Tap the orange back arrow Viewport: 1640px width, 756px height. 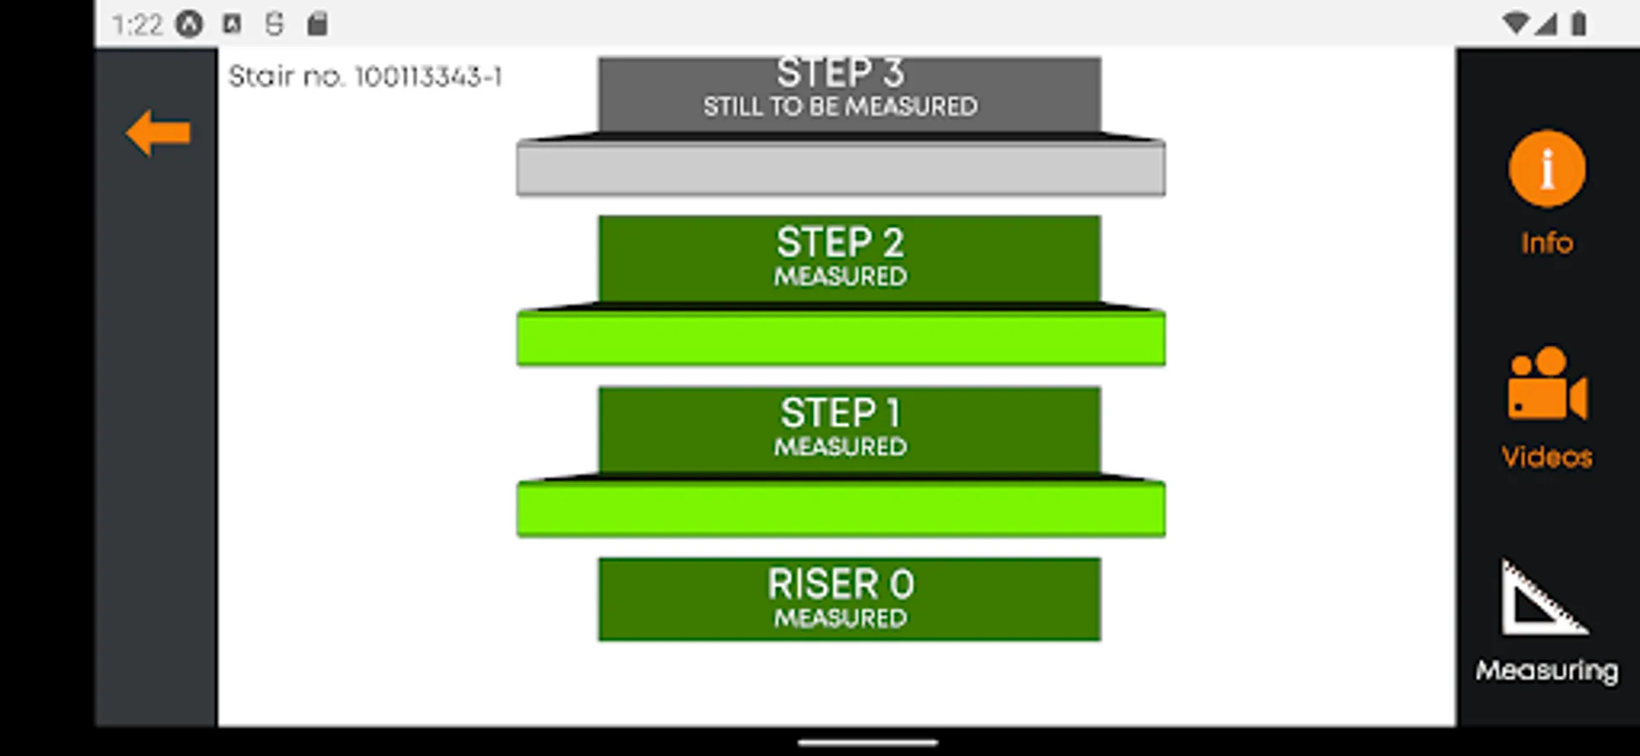[x=158, y=133]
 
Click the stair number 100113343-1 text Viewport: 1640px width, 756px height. [x=365, y=77]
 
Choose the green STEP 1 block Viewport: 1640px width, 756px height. [x=849, y=428]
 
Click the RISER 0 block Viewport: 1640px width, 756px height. [x=849, y=599]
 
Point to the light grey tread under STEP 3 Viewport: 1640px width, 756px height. [x=841, y=169]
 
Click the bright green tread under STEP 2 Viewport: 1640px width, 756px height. [x=841, y=339]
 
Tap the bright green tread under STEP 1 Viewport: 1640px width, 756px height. [x=841, y=509]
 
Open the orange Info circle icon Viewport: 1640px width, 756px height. [x=1547, y=169]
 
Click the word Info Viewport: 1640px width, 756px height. [x=1547, y=243]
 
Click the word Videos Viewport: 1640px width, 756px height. [x=1547, y=457]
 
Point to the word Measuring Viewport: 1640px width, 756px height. [x=1547, y=670]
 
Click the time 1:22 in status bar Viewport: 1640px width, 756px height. [x=137, y=24]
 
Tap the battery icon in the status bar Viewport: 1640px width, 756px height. [x=1579, y=24]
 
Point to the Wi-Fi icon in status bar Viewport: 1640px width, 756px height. [x=1516, y=24]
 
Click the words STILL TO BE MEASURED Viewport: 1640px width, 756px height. [x=841, y=107]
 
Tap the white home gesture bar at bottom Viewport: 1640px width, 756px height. [x=867, y=743]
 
